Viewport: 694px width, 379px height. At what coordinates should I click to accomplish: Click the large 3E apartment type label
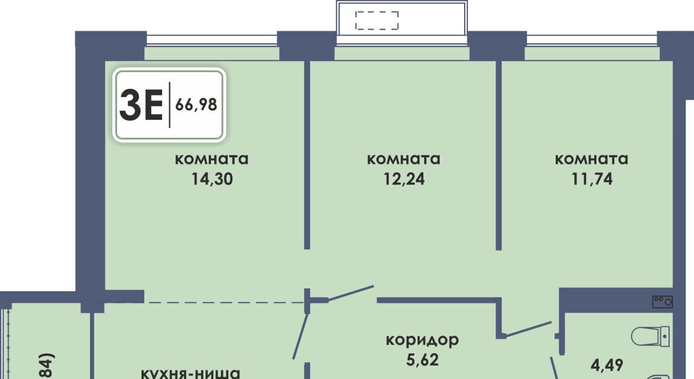click(x=142, y=105)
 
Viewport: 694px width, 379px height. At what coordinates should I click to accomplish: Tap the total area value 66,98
click(x=196, y=105)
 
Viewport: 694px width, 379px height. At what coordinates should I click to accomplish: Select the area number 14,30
click(x=212, y=179)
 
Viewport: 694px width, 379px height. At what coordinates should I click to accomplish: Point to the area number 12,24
click(x=403, y=179)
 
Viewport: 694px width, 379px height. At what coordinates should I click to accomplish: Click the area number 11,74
click(x=592, y=179)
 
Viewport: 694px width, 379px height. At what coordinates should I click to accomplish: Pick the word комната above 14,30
click(x=212, y=159)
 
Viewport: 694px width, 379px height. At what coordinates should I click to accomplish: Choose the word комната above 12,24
click(x=403, y=159)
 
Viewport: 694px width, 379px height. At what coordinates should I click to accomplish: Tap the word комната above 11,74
click(x=592, y=159)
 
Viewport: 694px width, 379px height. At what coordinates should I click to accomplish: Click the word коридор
click(x=422, y=340)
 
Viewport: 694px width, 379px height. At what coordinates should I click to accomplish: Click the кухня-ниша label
click(x=190, y=373)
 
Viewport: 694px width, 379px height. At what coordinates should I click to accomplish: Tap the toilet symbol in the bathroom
click(x=651, y=336)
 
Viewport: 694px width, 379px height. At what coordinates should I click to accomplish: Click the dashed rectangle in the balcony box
click(x=377, y=21)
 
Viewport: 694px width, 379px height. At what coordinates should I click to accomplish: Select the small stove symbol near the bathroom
click(x=663, y=301)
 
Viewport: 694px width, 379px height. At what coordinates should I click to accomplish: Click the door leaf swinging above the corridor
click(x=351, y=292)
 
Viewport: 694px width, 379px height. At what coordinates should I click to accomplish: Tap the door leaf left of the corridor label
click(x=301, y=336)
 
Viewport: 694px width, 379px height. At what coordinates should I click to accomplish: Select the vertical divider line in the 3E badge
click(x=170, y=105)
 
